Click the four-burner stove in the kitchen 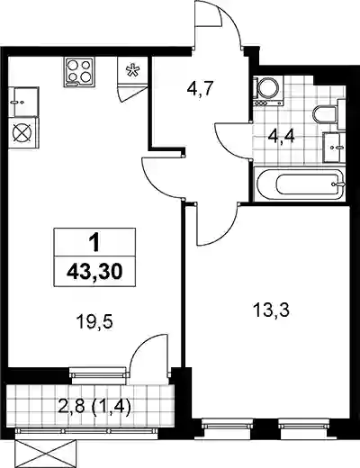(79, 72)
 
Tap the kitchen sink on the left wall (23, 102)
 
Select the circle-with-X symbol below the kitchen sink (23, 132)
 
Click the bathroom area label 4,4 (282, 139)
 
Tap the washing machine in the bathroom (268, 91)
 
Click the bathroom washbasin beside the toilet (334, 147)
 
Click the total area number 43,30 (94, 272)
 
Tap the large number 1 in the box (94, 243)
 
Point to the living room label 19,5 (94, 323)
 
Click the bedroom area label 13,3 (271, 310)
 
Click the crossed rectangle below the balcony (45, 454)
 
